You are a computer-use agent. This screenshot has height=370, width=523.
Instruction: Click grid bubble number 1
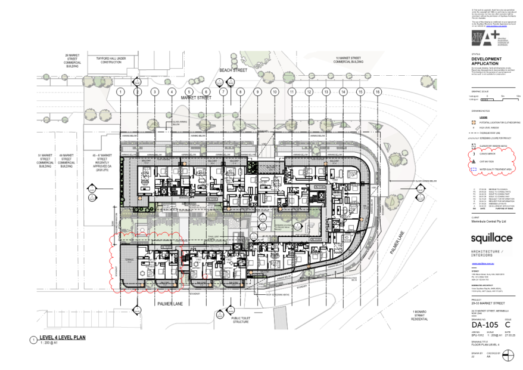click(x=120, y=92)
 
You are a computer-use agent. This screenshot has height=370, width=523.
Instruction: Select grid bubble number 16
click(x=378, y=92)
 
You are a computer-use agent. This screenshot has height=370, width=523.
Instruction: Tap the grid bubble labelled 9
click(x=258, y=92)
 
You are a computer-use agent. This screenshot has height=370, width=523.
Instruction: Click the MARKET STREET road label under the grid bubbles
click(x=196, y=97)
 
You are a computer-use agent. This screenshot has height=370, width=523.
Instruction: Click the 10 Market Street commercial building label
click(x=348, y=60)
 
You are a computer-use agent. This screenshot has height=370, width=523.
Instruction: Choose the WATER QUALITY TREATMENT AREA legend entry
click(x=499, y=169)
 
